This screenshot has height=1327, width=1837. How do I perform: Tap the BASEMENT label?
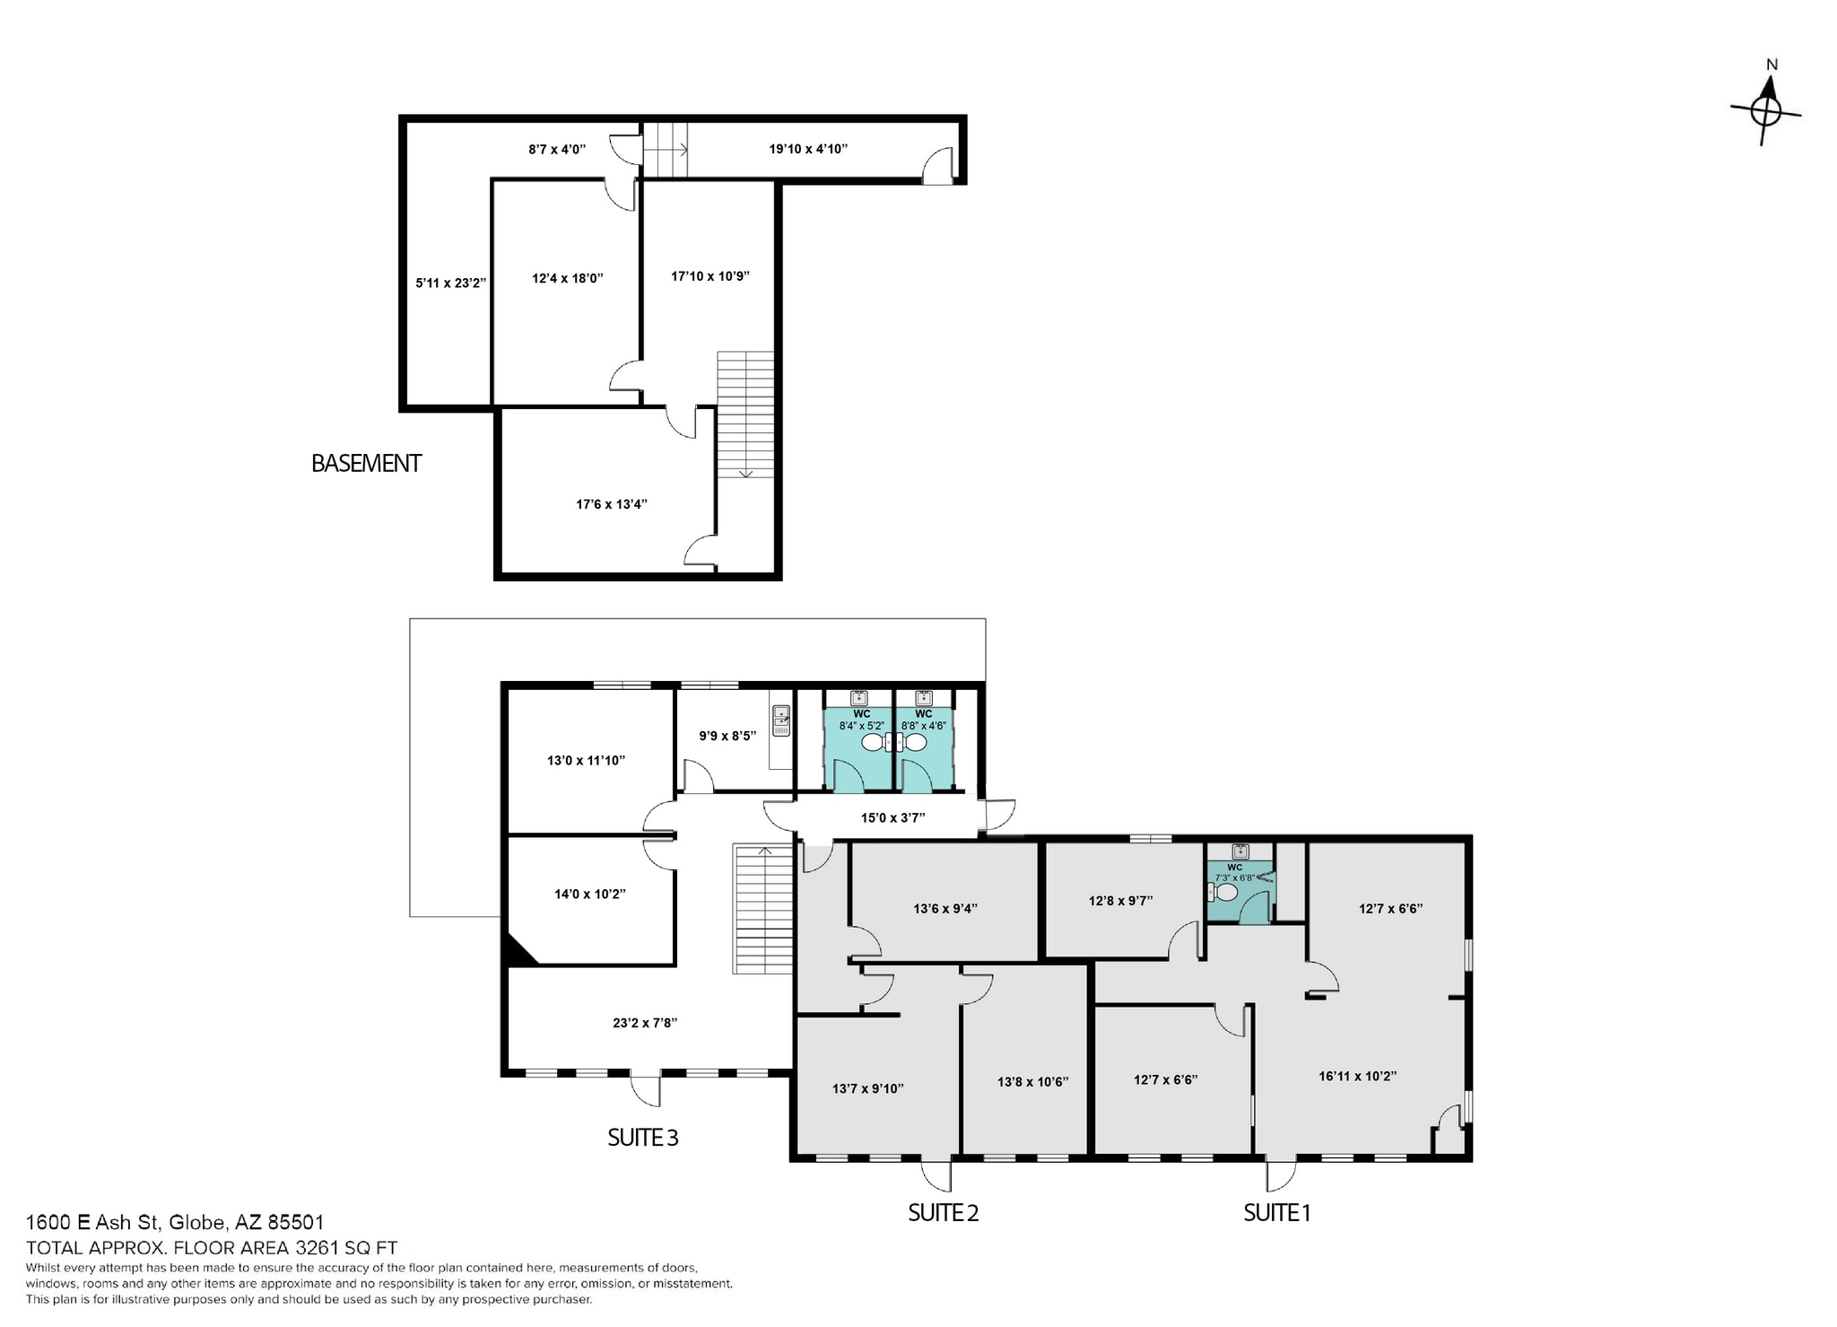coord(366,464)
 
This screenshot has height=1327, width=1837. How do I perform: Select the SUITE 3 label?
coord(642,1138)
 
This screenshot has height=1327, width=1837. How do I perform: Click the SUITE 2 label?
coord(943,1213)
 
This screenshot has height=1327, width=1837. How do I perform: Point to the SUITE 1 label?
coord(1276,1213)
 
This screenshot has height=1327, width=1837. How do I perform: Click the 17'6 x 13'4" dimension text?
coord(611,504)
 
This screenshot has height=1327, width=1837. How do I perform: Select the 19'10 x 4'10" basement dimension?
coord(808,149)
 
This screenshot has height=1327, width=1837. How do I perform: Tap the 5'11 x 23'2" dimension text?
coord(450,283)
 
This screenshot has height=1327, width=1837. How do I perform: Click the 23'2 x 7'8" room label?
coord(644,1022)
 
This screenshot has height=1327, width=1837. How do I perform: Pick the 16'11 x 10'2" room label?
coord(1357,1076)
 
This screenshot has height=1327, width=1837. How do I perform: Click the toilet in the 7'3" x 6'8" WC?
coord(1223,892)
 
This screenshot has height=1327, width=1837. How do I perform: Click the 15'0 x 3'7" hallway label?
coord(892,817)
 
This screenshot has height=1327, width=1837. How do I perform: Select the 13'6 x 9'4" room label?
coord(945,908)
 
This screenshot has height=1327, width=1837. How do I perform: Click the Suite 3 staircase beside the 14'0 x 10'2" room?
coord(763,909)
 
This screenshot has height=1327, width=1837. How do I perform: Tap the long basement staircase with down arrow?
coord(745,414)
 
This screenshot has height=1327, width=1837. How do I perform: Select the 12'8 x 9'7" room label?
coord(1120,900)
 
